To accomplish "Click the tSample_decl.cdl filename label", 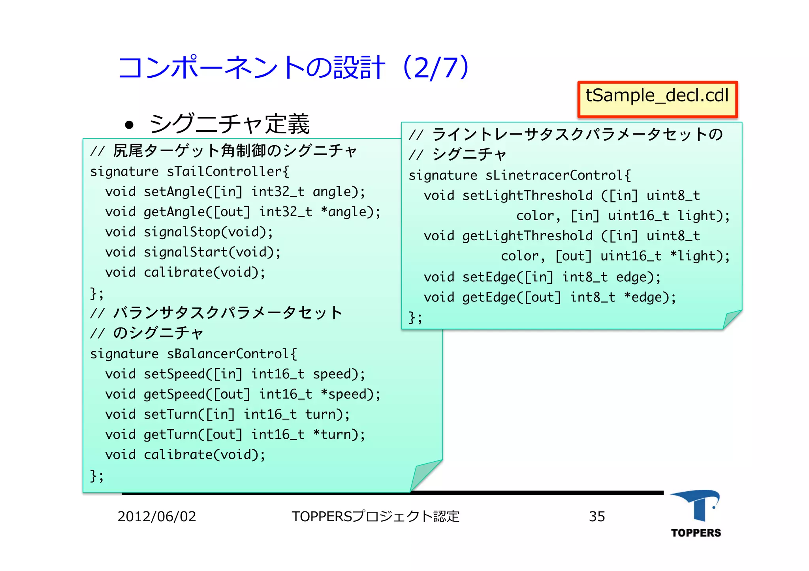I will [x=657, y=96].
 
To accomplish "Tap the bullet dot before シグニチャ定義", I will [x=129, y=125].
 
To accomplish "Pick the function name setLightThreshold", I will [x=527, y=195].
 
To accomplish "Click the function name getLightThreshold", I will [x=527, y=236].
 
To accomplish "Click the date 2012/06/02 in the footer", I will [x=157, y=517].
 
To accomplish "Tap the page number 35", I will [x=596, y=517].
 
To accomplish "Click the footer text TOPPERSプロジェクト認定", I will [x=375, y=517].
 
